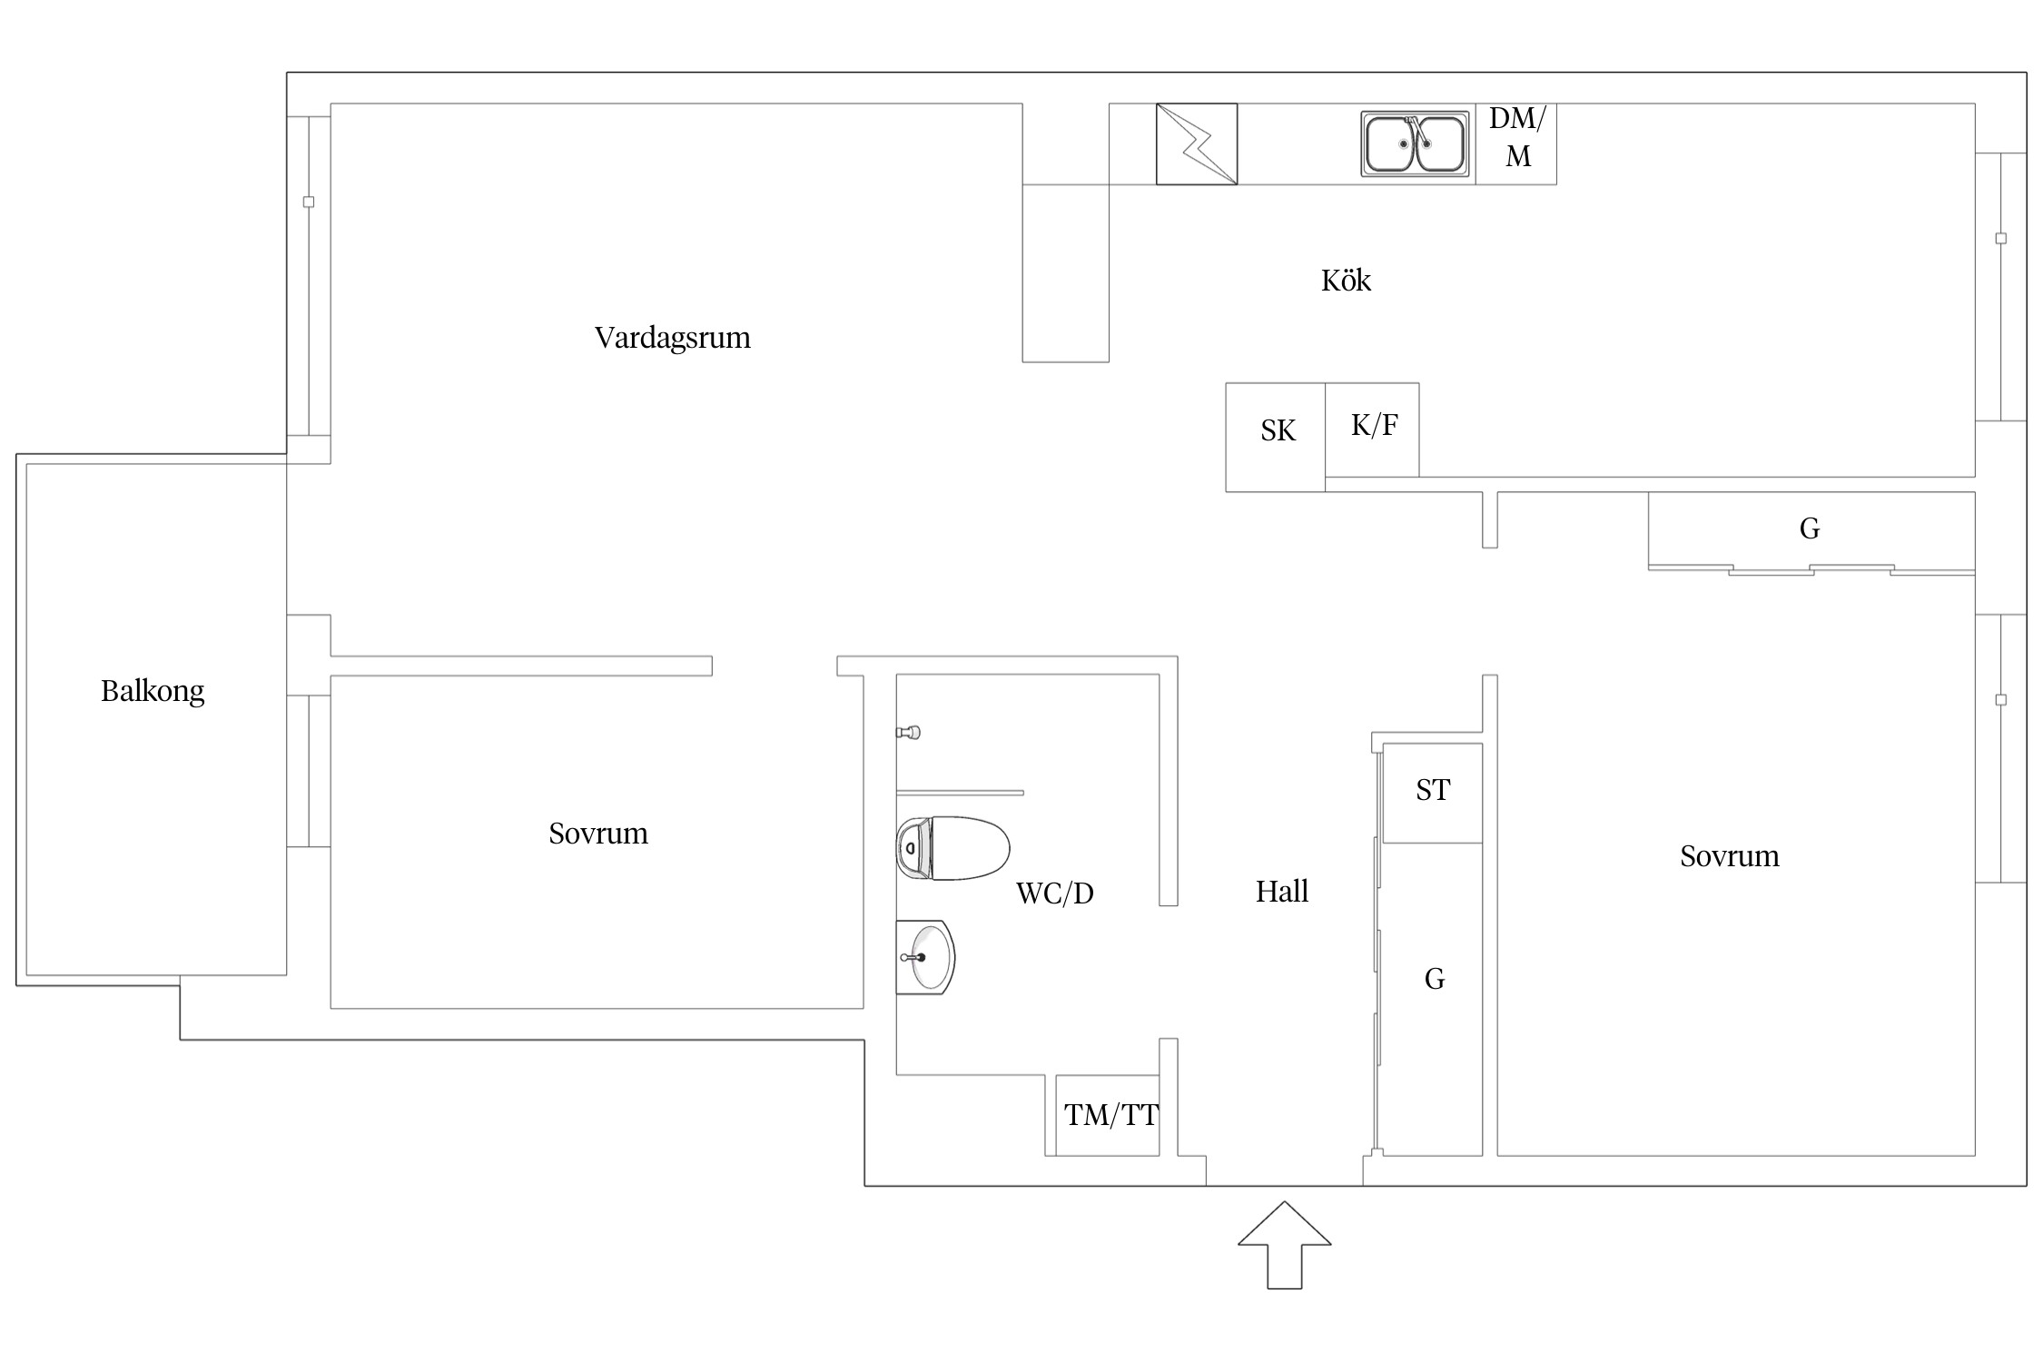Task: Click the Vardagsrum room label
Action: (673, 338)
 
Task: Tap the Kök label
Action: (1346, 280)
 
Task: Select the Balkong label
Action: (153, 692)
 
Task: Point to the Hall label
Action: (1282, 892)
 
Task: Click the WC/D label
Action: (1055, 893)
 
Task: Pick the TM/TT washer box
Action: (1108, 1115)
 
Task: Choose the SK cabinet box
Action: (1276, 437)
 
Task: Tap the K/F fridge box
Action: (1372, 429)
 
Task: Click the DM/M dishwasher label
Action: (1517, 137)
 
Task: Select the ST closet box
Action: (1433, 793)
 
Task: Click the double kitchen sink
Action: (1416, 143)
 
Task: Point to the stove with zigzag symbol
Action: (1197, 143)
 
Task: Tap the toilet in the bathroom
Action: (953, 848)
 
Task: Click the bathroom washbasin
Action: (926, 957)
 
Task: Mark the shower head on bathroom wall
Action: (909, 732)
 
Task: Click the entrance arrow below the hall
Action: (1285, 1245)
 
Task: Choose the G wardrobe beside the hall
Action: (1433, 999)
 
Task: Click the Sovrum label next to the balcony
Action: (598, 834)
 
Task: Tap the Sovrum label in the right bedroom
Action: (1730, 856)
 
